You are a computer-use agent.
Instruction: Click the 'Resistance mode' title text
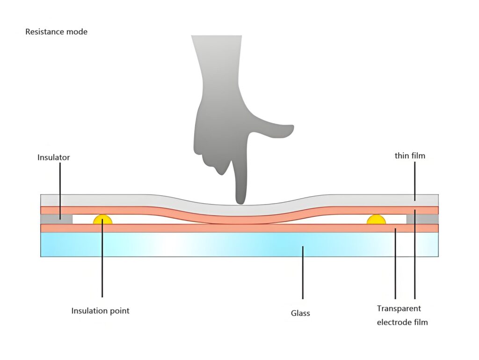coord(56,32)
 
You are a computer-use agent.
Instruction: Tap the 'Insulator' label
coord(53,157)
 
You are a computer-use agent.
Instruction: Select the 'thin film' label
coord(410,155)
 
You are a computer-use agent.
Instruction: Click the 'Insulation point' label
coord(100,311)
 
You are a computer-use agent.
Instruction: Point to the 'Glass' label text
coord(300,313)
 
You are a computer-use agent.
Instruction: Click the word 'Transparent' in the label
coord(399,309)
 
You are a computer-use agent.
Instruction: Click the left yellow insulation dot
coord(102,220)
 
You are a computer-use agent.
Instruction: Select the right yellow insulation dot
coord(376,220)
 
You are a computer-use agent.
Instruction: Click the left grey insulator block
coord(57,219)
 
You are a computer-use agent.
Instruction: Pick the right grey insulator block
coord(422,219)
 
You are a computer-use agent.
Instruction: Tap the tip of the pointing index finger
coord(241,203)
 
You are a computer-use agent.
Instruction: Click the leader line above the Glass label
coord(303,272)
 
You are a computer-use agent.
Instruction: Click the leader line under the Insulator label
coord(60,191)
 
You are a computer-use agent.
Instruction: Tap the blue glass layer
coord(239,244)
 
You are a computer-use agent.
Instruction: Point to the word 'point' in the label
coord(119,311)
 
